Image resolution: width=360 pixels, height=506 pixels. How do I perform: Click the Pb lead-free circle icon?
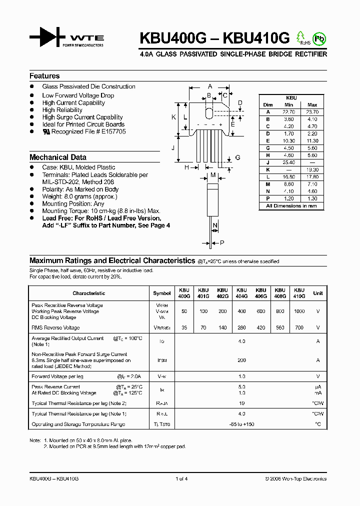pos(318,38)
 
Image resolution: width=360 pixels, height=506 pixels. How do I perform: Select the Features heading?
pos(44,76)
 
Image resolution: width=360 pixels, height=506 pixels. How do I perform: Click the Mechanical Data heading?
pos(58,157)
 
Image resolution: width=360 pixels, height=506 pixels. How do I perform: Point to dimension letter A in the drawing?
pos(210,86)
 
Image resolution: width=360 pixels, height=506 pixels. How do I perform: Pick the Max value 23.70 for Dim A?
pos(312,112)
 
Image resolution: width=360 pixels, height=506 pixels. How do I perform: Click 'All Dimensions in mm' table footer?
pos(291,205)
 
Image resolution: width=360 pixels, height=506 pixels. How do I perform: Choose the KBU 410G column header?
pos(299,293)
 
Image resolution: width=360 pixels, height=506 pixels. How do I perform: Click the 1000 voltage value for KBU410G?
pos(299,311)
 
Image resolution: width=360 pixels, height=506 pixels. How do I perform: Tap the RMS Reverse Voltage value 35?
pos(184,328)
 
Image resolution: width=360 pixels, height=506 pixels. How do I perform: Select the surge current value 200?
pos(242,360)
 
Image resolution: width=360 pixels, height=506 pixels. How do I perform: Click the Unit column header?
pos(317,293)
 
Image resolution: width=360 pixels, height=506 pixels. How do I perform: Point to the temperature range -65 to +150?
pos(242,424)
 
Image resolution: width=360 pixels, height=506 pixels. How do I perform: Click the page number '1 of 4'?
pos(181,478)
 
